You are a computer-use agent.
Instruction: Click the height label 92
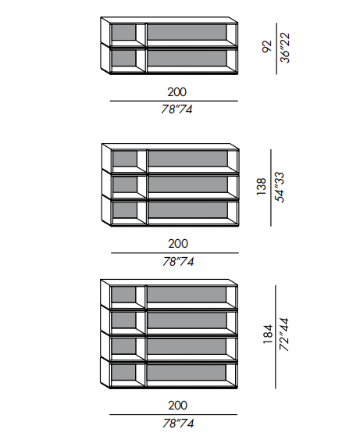coord(267,46)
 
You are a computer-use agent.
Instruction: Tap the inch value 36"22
coord(285,48)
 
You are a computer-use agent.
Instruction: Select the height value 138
coord(262,187)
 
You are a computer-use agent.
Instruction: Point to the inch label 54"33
coord(280,187)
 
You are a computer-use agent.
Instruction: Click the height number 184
coord(268,334)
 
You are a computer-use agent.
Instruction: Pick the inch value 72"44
coord(284,334)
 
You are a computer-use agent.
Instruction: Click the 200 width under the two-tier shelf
coord(177,92)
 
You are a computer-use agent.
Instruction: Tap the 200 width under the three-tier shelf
coord(178,244)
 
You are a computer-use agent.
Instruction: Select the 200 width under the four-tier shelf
coord(178,406)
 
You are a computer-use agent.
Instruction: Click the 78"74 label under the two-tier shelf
coord(176,109)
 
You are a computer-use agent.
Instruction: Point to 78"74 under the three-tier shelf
coord(178,262)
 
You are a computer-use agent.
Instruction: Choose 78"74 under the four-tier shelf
coord(178,424)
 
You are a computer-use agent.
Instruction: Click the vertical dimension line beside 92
coord(276,48)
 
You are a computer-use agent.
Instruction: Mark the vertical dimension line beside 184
coord(276,337)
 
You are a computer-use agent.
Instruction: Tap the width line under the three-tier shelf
coord(175,253)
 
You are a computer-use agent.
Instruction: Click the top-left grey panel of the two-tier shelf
coord(123,33)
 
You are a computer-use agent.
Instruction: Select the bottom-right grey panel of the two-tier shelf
coord(187,59)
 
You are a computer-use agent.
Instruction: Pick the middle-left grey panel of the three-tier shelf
coord(125,184)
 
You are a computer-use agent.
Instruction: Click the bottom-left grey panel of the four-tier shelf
coord(123,372)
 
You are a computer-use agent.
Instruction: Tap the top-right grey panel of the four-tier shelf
coord(187,294)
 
